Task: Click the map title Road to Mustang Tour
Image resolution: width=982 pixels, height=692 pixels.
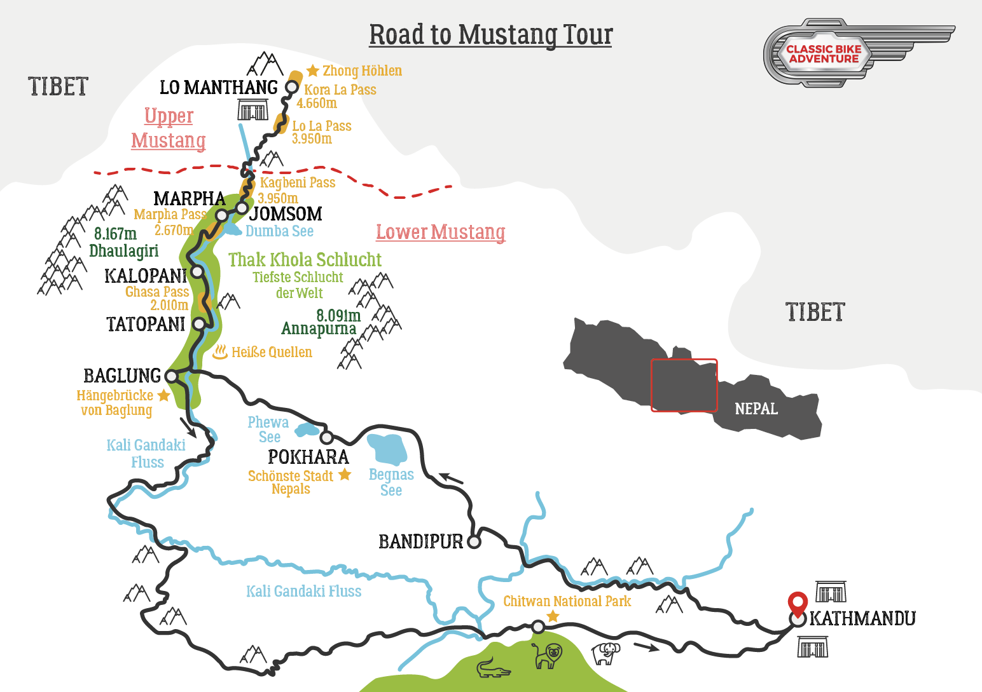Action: coord(490,35)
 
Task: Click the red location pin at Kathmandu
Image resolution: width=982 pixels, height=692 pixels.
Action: coord(798,602)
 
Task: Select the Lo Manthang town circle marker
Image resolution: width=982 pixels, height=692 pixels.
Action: coord(292,87)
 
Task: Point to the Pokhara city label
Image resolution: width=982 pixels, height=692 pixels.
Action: coord(308,457)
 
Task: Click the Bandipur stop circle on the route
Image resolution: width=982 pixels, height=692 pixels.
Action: coord(474,542)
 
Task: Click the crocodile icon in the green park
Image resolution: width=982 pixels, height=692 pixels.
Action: coord(493,669)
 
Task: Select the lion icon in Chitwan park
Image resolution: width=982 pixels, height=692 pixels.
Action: coord(548,655)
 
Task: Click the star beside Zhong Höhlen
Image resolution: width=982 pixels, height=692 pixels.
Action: coord(312,71)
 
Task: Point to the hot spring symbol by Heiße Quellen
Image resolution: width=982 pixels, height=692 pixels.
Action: coord(220,351)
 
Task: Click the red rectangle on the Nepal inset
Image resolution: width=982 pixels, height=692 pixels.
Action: coord(684,385)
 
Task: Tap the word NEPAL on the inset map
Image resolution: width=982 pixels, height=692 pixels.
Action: coord(756,409)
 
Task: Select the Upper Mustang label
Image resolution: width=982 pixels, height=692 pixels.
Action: coord(169,128)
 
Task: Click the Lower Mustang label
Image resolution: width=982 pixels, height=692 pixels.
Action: coord(440,232)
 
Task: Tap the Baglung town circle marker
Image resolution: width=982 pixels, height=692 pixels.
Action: coord(171,376)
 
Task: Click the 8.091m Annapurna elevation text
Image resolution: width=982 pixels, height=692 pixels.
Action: coord(338,315)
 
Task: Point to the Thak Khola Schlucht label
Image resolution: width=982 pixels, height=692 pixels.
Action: coord(305,259)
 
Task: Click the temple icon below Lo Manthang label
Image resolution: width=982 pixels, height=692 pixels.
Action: coord(253,111)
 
